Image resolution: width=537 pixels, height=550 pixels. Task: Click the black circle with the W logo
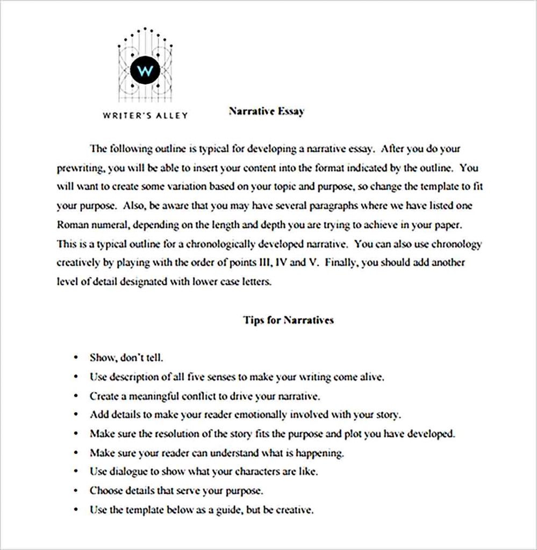[x=145, y=71]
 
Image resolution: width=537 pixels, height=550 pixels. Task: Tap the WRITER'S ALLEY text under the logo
[x=145, y=115]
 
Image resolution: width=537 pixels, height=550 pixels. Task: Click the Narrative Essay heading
[x=267, y=111]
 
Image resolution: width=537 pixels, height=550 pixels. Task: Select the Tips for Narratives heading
[x=288, y=320]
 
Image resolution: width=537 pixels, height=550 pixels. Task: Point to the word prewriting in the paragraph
[x=81, y=168]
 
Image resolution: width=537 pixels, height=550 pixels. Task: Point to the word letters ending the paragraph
[x=256, y=282]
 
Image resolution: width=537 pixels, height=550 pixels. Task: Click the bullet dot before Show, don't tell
[x=77, y=357]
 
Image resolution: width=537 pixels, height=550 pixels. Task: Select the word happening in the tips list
[x=319, y=453]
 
